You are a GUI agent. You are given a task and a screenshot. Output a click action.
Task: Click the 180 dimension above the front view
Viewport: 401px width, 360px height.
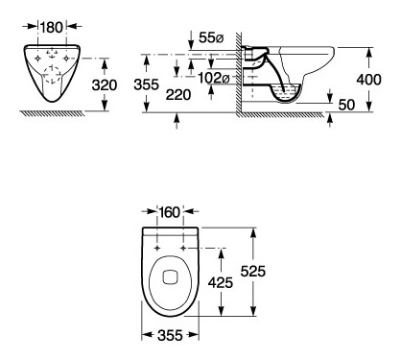51,28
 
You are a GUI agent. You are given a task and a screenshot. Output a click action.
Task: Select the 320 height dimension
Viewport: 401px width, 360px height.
105,85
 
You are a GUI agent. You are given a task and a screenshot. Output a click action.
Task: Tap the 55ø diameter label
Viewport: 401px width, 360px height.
211,37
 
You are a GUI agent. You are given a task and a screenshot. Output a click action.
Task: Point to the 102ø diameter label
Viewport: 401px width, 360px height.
214,78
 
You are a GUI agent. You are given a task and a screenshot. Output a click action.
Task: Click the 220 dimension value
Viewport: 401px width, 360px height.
178,95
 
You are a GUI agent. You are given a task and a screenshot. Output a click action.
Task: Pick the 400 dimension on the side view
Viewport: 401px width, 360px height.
368,80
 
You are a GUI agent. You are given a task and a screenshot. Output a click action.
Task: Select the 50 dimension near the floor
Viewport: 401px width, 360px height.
346,105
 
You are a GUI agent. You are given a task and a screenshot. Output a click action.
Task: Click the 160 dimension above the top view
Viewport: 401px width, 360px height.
170,212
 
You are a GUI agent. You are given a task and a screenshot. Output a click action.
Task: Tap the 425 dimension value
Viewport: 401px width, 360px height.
221,282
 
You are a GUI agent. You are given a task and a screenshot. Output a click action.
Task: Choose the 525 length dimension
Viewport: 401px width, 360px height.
253,272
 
